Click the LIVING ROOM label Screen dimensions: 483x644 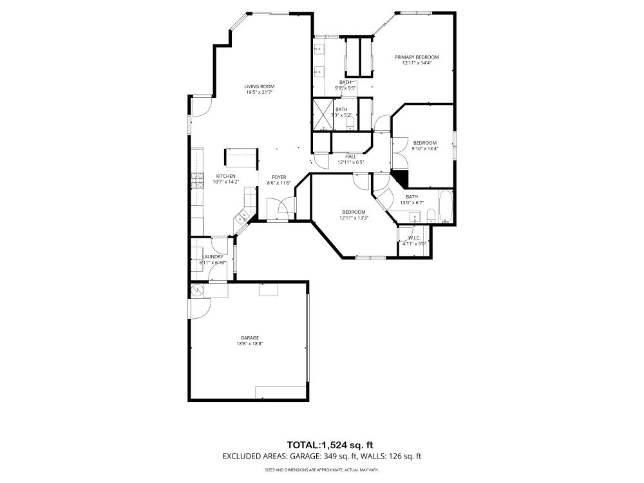(260, 86)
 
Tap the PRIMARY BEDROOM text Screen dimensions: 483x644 (421, 57)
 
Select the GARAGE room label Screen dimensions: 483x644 (250, 337)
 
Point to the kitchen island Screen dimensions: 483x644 (240, 157)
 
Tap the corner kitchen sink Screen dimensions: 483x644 (243, 218)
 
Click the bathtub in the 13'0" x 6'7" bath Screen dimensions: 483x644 (445, 205)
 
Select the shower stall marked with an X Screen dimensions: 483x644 (321, 114)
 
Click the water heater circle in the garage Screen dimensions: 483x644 (197, 290)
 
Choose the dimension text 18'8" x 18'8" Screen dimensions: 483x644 (250, 344)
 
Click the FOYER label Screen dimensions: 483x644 (279, 177)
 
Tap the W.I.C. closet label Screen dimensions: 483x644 (410, 238)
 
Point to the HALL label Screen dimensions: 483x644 (351, 156)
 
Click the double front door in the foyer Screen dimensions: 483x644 (279, 209)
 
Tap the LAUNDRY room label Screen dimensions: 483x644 (212, 257)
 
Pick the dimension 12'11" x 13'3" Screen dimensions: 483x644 (354, 218)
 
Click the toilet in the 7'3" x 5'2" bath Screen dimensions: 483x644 (349, 122)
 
